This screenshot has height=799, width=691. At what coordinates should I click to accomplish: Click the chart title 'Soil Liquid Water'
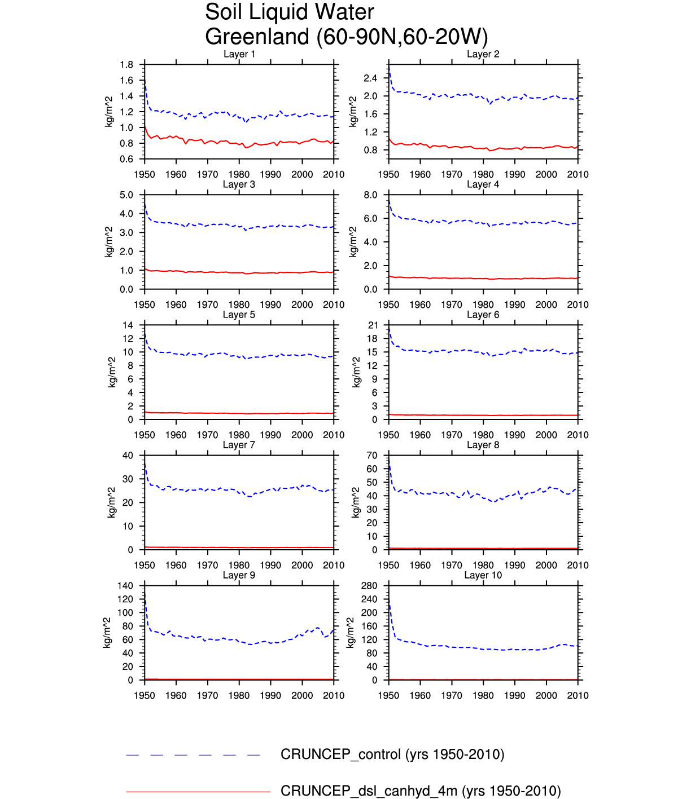click(x=289, y=12)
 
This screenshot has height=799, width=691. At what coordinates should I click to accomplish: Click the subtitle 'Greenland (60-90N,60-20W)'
click(x=346, y=37)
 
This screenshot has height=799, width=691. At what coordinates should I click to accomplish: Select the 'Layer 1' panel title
click(x=239, y=54)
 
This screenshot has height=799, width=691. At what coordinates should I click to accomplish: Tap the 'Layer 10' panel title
click(x=483, y=575)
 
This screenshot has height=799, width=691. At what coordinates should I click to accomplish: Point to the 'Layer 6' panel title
click(x=483, y=315)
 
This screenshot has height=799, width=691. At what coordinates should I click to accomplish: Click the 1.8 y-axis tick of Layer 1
click(x=126, y=65)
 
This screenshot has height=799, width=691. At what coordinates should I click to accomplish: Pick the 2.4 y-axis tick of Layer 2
click(x=370, y=78)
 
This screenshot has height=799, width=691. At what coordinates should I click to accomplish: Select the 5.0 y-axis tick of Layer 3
click(x=126, y=195)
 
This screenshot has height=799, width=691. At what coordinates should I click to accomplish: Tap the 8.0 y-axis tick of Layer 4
click(x=370, y=195)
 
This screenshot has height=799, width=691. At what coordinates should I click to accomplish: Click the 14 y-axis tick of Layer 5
click(x=128, y=325)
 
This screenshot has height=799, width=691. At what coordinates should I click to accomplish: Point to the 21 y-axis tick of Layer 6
click(x=372, y=325)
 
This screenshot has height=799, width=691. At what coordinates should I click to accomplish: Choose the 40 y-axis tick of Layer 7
click(x=128, y=456)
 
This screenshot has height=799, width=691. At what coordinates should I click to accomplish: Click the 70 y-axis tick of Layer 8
click(x=372, y=456)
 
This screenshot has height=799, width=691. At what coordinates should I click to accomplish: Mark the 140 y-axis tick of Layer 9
click(x=125, y=586)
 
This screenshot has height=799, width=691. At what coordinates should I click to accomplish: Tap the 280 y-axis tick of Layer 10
click(x=369, y=586)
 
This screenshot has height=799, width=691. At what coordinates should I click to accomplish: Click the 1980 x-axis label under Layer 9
click(x=239, y=696)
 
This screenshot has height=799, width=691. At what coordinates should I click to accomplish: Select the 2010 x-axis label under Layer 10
click(x=578, y=696)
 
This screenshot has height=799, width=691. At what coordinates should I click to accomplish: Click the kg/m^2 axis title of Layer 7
click(x=112, y=502)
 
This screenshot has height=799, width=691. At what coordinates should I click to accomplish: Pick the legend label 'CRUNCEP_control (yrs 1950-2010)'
click(x=392, y=754)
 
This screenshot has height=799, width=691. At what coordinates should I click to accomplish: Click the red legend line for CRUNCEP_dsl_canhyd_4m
click(x=198, y=792)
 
